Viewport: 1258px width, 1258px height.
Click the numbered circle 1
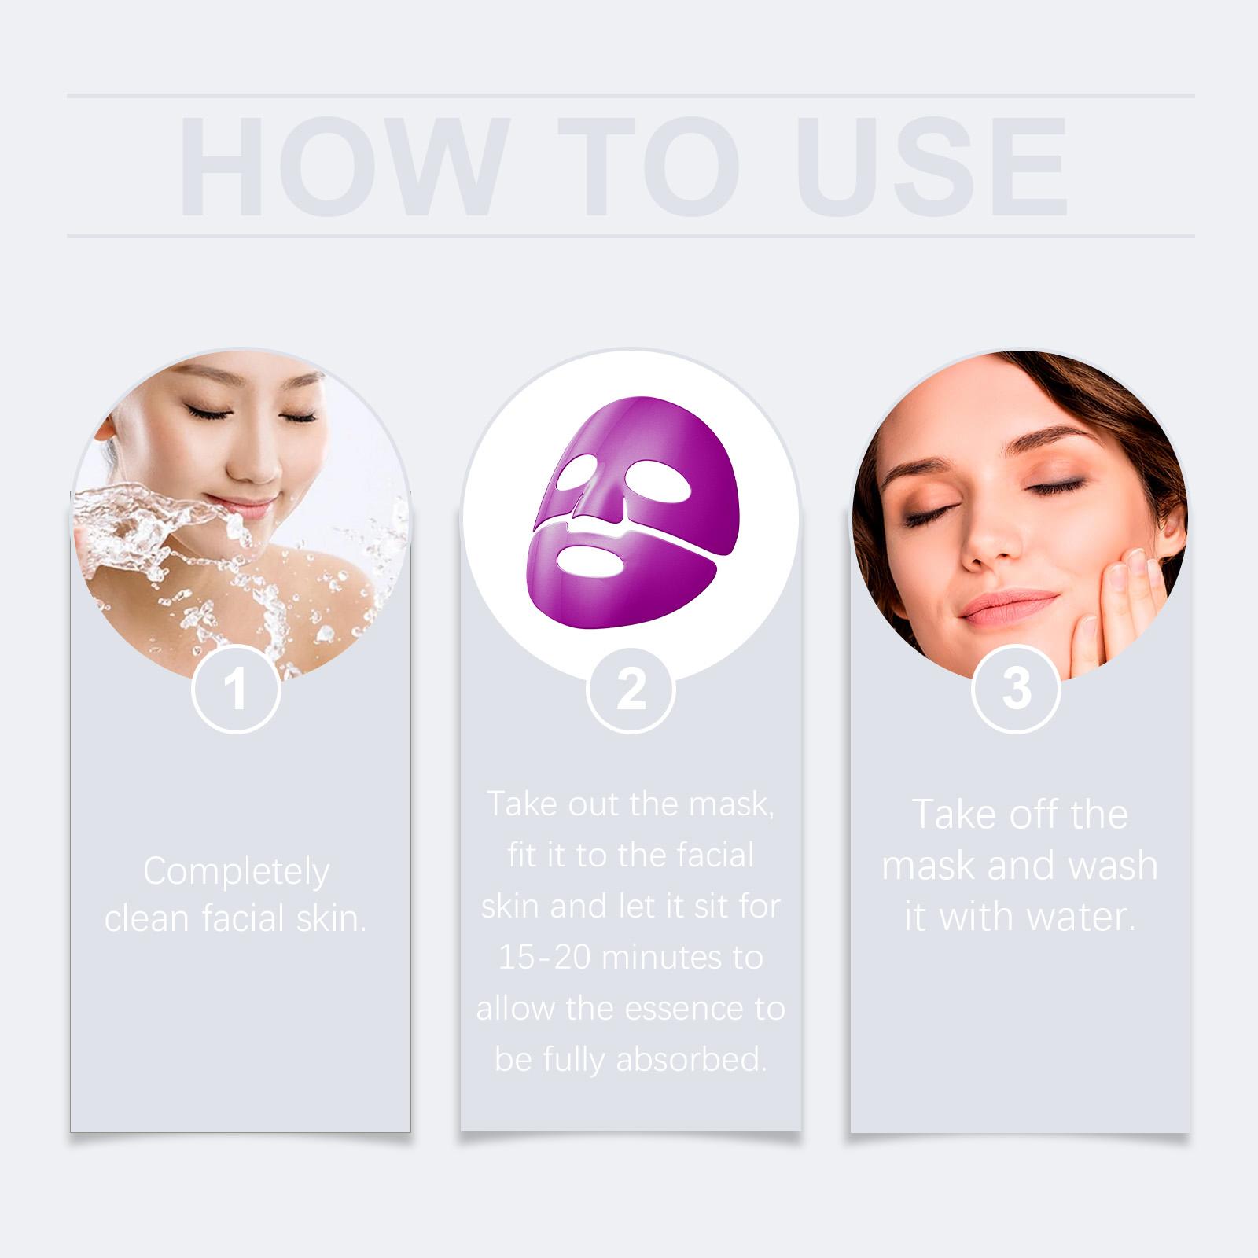[x=236, y=689]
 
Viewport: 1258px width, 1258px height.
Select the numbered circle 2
[x=631, y=689]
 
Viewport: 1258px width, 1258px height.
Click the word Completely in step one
[x=236, y=871]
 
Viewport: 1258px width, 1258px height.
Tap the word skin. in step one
[x=333, y=918]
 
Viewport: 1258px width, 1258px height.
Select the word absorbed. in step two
[x=691, y=1060]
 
